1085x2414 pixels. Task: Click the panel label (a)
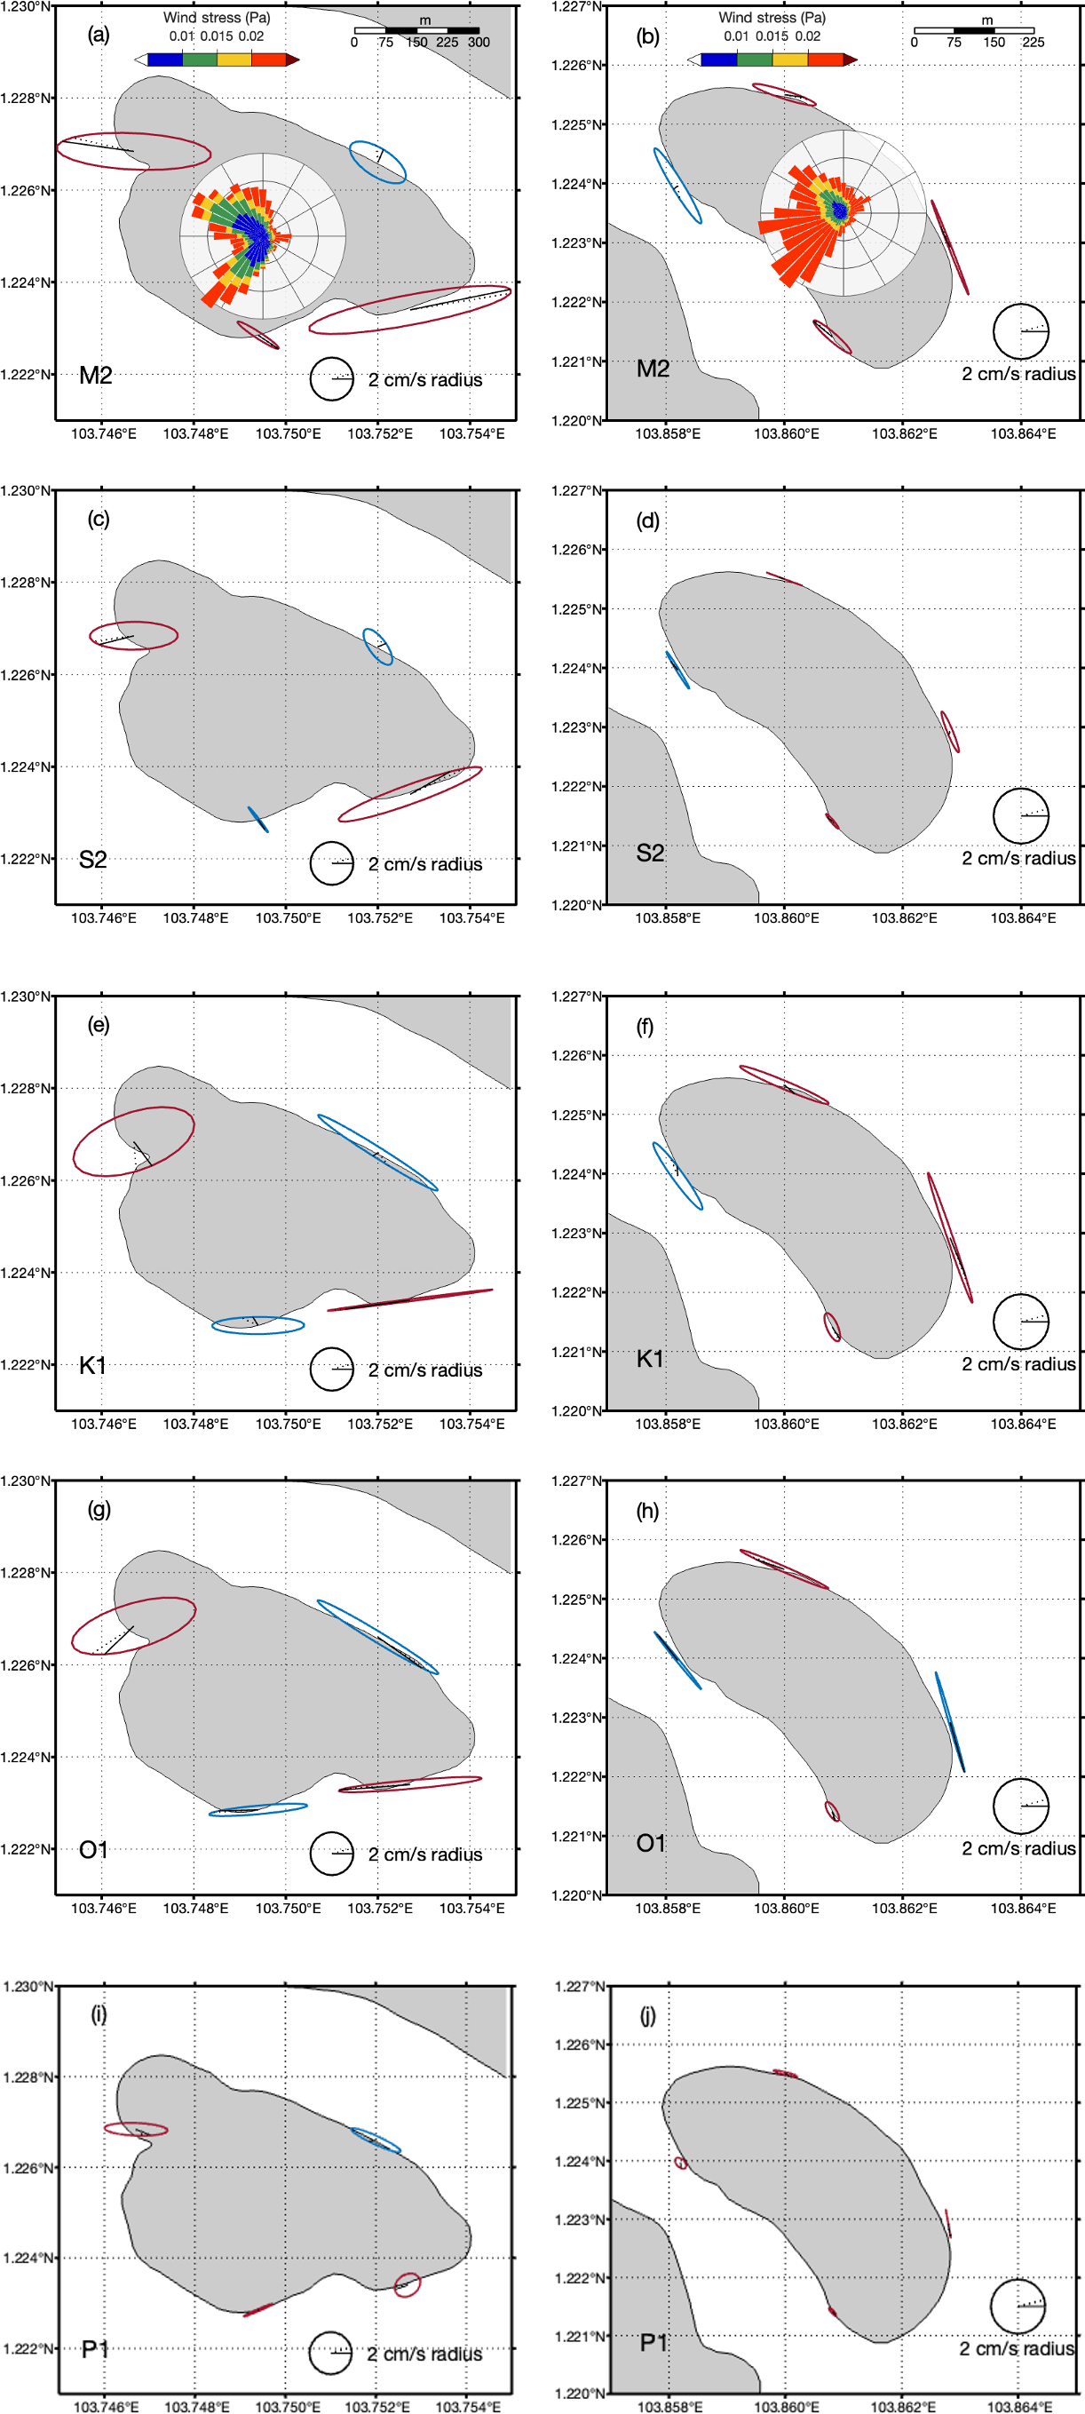point(99,36)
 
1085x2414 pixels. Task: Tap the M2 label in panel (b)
point(653,369)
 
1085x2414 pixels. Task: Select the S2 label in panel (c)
point(92,860)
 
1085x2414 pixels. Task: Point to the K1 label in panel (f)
point(650,1359)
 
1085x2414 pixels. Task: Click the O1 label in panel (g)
point(94,1849)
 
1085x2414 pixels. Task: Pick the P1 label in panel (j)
point(654,2343)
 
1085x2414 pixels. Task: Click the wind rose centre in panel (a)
point(264,236)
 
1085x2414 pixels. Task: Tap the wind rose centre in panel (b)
point(842,211)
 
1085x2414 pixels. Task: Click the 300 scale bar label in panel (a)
point(479,42)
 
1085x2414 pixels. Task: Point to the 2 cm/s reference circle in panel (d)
point(1020,815)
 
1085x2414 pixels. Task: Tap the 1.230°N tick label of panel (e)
point(27,997)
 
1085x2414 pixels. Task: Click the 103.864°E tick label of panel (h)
point(1023,1908)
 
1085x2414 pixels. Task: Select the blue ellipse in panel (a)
point(377,163)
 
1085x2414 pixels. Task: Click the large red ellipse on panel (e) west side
point(134,1140)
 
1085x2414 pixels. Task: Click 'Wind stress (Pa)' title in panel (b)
point(772,18)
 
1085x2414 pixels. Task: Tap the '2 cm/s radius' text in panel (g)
point(425,1854)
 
